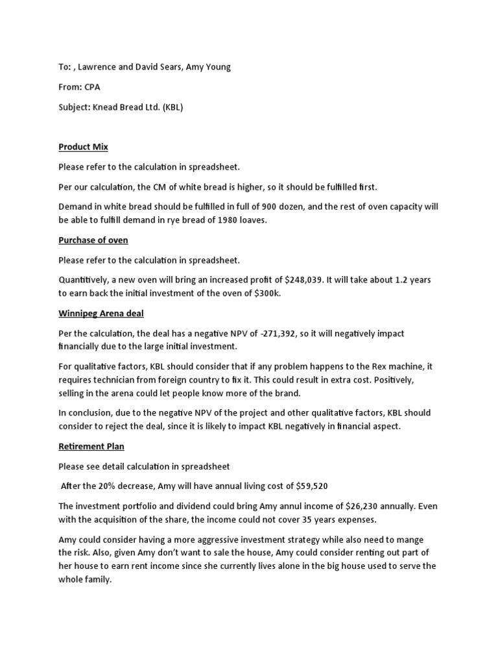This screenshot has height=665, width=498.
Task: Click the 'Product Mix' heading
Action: coord(83,147)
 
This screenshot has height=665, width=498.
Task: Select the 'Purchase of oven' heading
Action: coord(93,240)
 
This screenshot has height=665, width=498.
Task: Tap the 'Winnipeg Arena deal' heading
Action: coord(101,313)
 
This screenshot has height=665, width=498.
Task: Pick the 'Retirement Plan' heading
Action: coord(91,447)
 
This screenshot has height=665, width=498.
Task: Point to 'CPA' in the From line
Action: coord(93,87)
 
